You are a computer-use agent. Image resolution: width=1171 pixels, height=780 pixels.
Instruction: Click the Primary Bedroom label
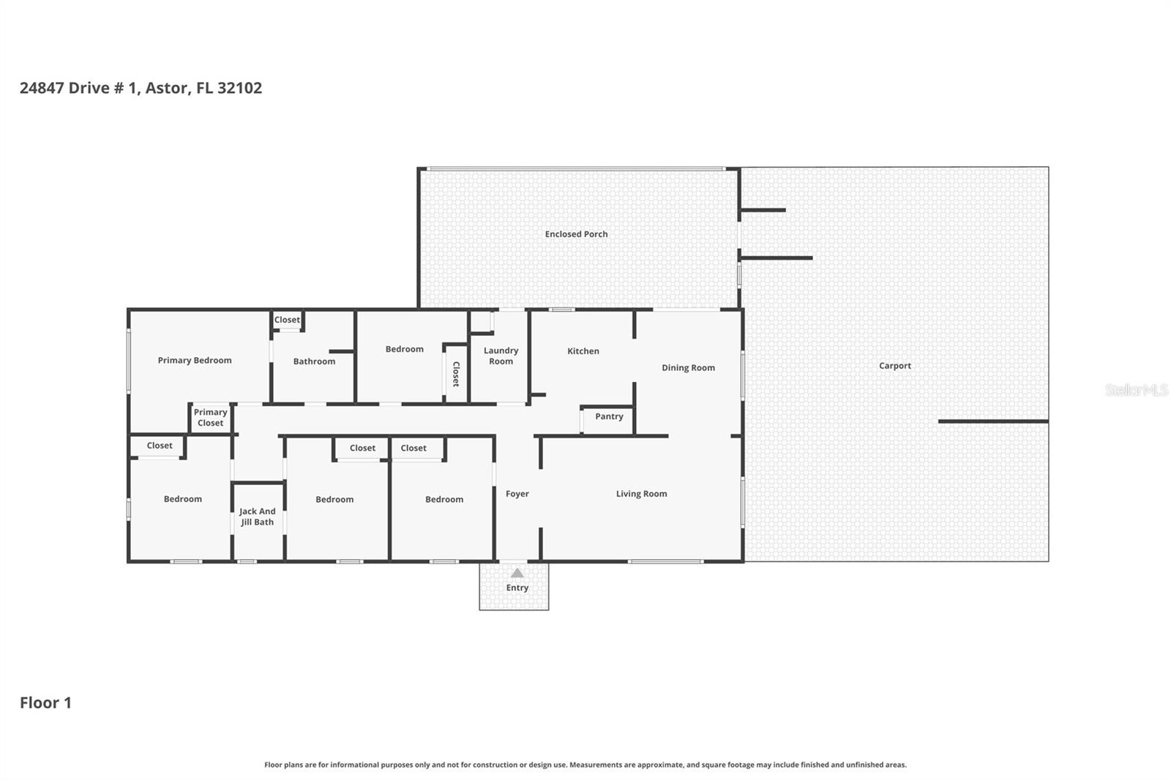195,360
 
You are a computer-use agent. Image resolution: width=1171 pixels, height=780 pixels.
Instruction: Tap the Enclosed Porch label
576,234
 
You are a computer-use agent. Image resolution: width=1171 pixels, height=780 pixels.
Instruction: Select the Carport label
894,366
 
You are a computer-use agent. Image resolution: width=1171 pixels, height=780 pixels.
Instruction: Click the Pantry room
608,419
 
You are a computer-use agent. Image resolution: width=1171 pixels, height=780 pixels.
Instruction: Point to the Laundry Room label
501,356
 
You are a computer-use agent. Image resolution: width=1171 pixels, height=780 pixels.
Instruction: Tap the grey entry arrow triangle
517,573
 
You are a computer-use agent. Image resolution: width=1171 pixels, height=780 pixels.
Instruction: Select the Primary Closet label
210,418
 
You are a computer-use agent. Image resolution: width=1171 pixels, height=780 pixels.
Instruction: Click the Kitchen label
583,351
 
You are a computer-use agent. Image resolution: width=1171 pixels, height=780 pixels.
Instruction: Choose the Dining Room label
688,368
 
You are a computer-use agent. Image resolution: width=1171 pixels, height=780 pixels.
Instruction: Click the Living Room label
641,494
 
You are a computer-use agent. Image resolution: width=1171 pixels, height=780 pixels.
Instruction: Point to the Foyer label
517,494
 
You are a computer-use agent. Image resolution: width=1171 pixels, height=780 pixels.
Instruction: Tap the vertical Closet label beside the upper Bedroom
455,374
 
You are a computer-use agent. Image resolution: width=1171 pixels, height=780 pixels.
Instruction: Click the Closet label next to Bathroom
287,320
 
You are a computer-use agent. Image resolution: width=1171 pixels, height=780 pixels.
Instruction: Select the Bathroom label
314,361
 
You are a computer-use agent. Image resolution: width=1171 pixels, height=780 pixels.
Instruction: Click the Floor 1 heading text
45,702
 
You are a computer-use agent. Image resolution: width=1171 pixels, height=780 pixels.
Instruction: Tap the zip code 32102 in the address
239,88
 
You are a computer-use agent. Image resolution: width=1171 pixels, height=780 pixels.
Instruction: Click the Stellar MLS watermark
1136,390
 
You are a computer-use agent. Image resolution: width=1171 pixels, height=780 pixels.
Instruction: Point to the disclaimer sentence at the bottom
585,765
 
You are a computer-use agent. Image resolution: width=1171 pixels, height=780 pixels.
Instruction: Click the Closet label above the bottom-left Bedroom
160,446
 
